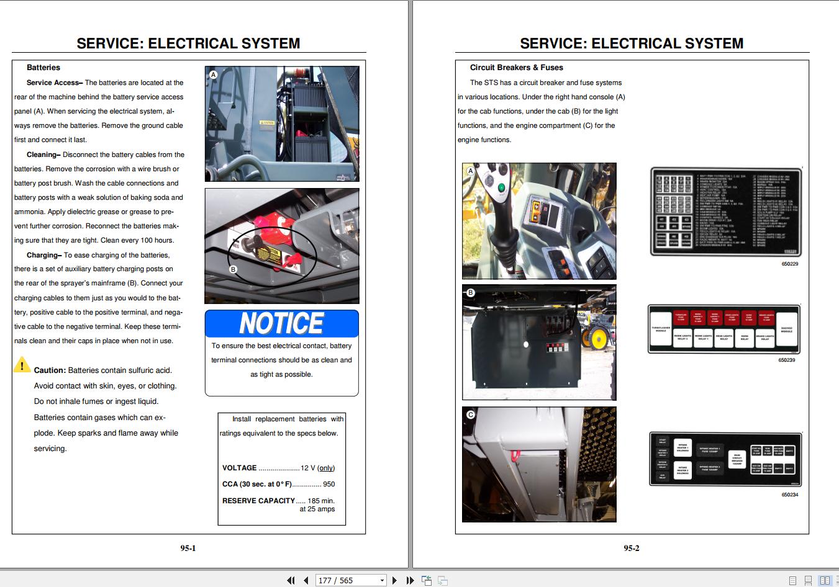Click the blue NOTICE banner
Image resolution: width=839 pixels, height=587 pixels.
click(281, 323)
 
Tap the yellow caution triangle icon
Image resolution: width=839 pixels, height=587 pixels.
click(22, 365)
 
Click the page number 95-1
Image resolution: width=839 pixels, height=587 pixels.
click(188, 548)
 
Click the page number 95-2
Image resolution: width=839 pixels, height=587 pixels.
click(632, 548)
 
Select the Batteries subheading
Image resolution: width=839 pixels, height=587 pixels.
click(43, 68)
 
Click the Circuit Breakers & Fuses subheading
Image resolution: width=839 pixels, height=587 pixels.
click(516, 68)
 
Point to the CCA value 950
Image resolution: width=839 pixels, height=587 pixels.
click(329, 484)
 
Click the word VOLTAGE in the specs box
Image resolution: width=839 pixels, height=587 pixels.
click(239, 468)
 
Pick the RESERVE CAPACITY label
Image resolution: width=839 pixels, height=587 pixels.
click(258, 501)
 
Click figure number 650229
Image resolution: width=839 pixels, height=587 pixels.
click(789, 264)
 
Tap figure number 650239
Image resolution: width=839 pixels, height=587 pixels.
click(786, 360)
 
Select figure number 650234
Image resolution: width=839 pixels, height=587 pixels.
click(789, 495)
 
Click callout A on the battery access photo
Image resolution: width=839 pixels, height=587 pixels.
click(213, 74)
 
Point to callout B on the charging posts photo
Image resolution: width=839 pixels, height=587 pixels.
click(234, 269)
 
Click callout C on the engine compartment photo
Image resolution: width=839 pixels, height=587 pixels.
click(470, 414)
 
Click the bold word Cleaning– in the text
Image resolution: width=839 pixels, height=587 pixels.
click(43, 155)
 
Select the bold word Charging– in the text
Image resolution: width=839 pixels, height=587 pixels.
click(43, 255)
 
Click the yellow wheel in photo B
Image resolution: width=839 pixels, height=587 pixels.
click(599, 339)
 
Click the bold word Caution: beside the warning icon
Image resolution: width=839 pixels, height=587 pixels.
click(50, 370)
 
